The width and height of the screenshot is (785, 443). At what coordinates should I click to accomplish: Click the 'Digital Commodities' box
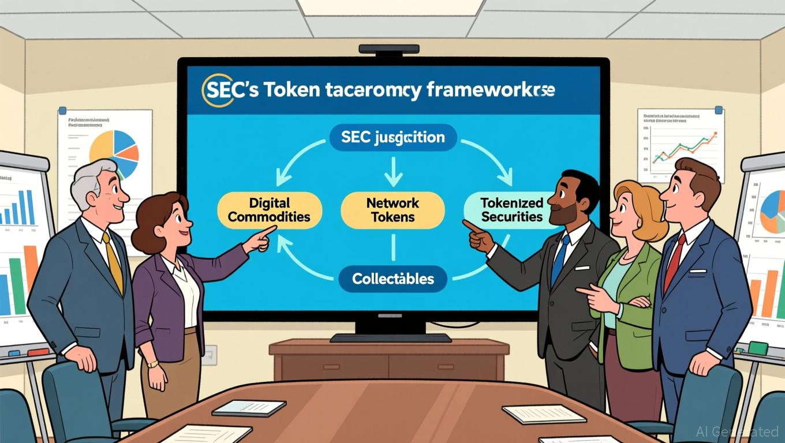pos(270,210)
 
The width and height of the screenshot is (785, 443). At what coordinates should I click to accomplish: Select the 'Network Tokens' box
pos(392,210)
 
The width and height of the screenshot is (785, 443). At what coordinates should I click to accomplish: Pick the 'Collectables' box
pos(392,279)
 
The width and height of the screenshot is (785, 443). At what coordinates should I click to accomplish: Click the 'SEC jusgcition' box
pos(392,138)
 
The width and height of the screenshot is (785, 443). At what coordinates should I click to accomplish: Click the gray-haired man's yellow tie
pos(114,262)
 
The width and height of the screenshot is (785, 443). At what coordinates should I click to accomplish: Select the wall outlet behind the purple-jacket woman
pos(209,355)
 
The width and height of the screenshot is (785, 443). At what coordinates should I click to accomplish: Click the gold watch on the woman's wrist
pos(152,364)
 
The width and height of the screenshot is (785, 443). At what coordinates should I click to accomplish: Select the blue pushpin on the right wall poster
pos(719,110)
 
